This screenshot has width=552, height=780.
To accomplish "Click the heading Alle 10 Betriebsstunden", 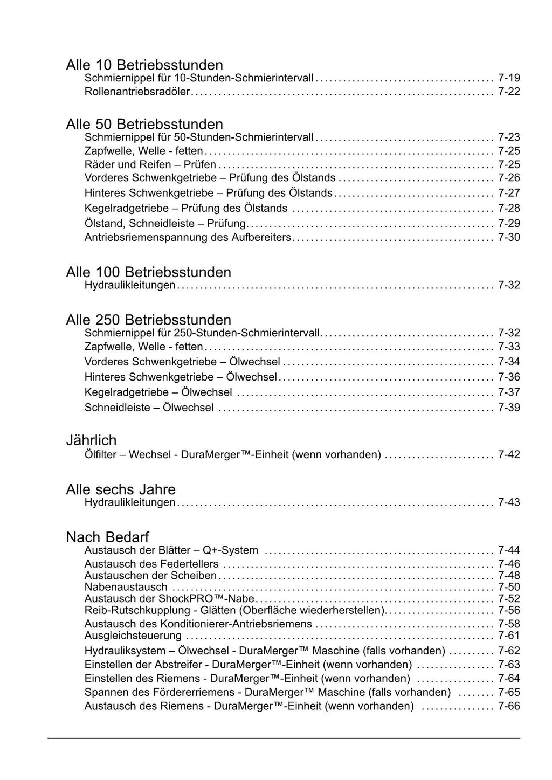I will (144, 65).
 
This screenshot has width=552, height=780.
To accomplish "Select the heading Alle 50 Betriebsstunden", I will (144, 125).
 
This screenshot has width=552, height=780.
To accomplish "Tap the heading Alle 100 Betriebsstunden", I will (148, 272).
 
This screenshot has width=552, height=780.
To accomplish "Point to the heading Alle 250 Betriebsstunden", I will (148, 320).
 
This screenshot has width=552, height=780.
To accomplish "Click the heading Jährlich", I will (91, 440).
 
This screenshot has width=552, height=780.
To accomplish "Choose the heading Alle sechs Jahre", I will (121, 489).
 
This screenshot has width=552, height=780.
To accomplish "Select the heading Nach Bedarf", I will (107, 537).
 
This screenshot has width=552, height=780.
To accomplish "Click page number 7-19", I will (509, 78).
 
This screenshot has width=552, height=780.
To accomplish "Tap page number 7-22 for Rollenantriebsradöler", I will (509, 92).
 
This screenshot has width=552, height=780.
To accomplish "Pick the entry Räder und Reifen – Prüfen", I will (150, 164).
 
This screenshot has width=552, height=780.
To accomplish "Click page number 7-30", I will (509, 237).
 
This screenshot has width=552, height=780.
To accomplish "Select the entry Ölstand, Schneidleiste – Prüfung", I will (165, 223).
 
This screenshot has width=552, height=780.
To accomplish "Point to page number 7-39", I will (509, 408).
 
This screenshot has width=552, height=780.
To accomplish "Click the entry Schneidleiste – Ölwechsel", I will (149, 408).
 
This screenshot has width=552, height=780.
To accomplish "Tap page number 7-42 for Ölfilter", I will (509, 454).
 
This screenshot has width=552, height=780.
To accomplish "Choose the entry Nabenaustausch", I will (126, 587).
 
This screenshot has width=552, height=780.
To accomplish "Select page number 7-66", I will (509, 706).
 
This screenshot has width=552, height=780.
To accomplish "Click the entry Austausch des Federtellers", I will (151, 564).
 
